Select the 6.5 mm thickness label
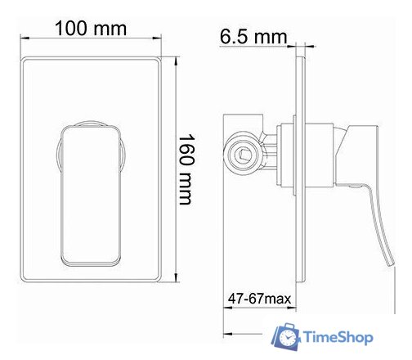click(x=253, y=37)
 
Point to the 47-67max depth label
click(x=258, y=300)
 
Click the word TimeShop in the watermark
click(x=338, y=336)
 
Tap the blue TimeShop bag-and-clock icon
click(x=287, y=337)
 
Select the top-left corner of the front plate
click(x=25, y=58)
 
